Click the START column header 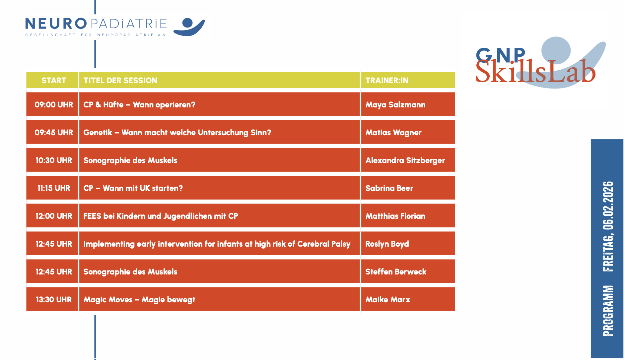(54, 81)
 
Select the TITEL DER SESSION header (120, 81)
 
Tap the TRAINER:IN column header (387, 81)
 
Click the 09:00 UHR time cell (54, 105)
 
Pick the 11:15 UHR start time (54, 188)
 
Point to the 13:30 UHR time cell (54, 300)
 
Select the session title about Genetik (177, 133)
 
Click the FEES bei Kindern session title (161, 216)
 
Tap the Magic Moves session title (139, 300)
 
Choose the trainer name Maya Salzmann (395, 105)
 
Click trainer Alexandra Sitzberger (405, 160)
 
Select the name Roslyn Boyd (387, 244)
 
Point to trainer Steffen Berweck (396, 272)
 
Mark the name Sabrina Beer (389, 188)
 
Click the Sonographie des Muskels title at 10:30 (130, 160)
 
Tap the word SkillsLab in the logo (535, 71)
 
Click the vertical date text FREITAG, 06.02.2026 (608, 226)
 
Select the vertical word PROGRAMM (608, 311)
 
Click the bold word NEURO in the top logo (56, 24)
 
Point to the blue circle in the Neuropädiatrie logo (187, 23)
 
